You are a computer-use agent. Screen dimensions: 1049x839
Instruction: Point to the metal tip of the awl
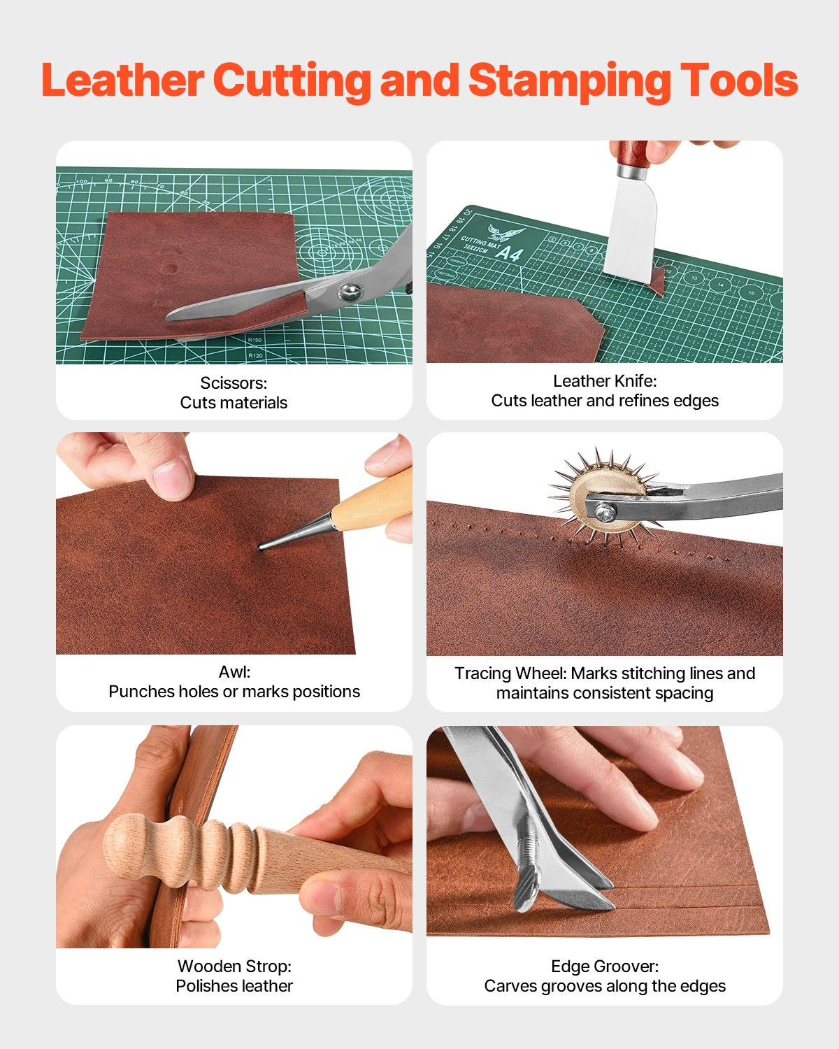[264, 546]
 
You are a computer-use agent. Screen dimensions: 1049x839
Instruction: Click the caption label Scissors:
[234, 383]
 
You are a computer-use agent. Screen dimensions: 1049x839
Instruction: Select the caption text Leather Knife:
[605, 380]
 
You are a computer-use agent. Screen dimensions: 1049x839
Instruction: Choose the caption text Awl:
[234, 672]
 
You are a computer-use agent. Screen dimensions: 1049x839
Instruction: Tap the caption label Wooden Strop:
[234, 966]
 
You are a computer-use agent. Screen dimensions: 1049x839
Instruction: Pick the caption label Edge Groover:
[605, 966]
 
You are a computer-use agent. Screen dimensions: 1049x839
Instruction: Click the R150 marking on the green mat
[254, 341]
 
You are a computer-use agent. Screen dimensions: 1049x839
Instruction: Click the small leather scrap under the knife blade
[657, 280]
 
